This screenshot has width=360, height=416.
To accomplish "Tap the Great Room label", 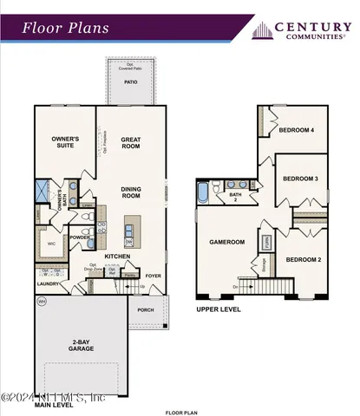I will pos(130,142).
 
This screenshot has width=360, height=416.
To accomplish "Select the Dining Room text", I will pos(130,192).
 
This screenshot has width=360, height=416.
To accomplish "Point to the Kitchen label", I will pos(117,257).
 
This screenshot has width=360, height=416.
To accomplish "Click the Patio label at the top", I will pos(130,82).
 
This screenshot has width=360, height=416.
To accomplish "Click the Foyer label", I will pos(153,276).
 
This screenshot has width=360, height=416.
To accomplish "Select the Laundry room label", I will pos(47,283).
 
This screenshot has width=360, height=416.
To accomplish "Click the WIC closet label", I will pos(50,244).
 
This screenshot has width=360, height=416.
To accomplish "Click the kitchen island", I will pos(130,231).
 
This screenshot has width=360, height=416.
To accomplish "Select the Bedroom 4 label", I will pos(296,131).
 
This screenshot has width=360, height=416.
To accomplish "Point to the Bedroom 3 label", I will pos(300,179).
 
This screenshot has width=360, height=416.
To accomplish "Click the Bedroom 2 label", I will pos(304,260).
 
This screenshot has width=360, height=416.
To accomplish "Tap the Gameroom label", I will pos(226,243).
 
